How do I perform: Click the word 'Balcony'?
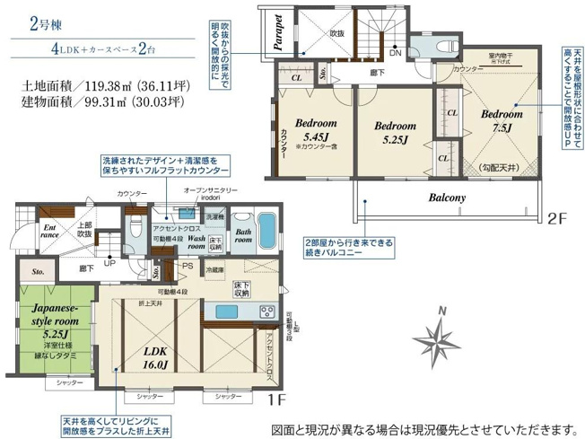click(x=446, y=198)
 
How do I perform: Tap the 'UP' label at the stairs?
click(x=110, y=264)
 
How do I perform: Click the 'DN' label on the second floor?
click(x=395, y=53)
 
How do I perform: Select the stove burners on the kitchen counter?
click(x=266, y=311)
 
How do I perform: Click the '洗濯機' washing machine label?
click(x=214, y=217)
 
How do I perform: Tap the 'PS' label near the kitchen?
click(x=188, y=266)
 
